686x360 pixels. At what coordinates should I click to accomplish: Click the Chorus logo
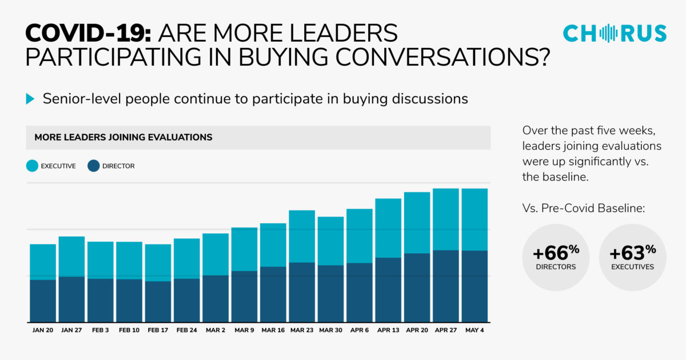[x=615, y=33]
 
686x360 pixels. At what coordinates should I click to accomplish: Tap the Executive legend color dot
[x=33, y=166]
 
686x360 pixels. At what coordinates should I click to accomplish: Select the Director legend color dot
[x=94, y=166]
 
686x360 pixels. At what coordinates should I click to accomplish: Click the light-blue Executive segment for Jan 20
[x=43, y=262]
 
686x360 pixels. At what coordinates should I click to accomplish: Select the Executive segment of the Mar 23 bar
[x=302, y=237]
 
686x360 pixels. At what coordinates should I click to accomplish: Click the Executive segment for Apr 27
[x=446, y=219]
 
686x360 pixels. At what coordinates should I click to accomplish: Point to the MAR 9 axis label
[x=244, y=330]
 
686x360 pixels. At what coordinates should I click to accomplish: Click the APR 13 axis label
[x=388, y=330]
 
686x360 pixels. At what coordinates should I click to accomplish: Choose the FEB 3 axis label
[x=100, y=330]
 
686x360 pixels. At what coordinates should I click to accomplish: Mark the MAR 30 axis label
[x=330, y=330]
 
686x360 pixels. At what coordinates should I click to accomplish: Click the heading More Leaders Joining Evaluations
[x=123, y=137]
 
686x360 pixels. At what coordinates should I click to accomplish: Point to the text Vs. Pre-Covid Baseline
[x=583, y=209]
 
